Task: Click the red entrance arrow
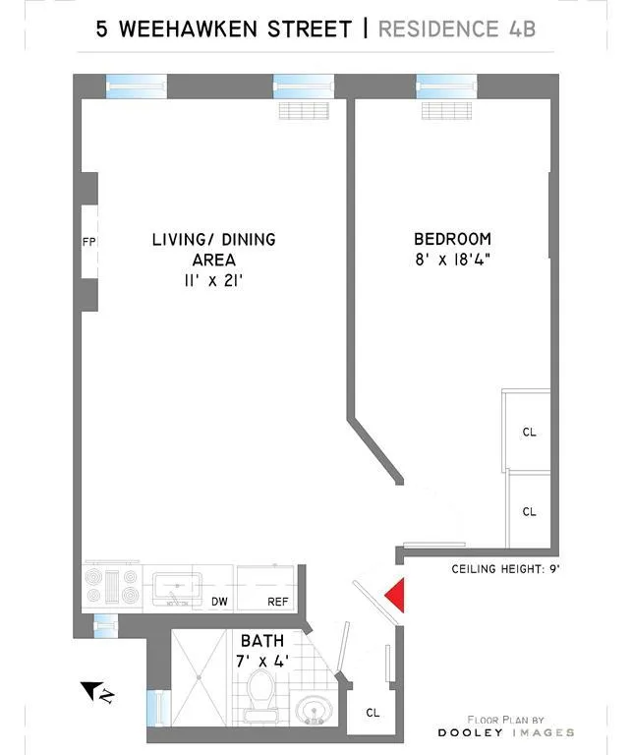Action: tap(395, 596)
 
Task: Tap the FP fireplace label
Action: tap(87, 241)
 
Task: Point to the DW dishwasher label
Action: tap(220, 602)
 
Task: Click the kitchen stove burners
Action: tap(113, 587)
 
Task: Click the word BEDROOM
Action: tap(452, 239)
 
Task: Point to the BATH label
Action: tap(260, 641)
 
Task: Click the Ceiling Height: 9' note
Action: tap(505, 569)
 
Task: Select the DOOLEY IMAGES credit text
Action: tap(506, 732)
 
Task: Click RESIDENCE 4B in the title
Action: tap(457, 28)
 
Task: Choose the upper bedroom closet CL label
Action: tap(529, 433)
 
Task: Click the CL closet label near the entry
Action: tap(373, 713)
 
